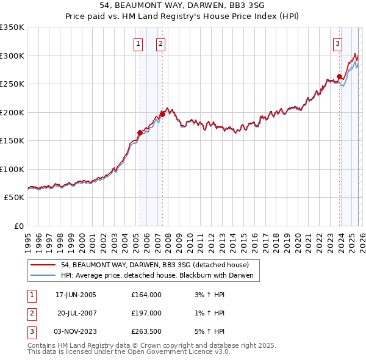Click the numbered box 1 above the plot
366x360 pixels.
click(x=138, y=43)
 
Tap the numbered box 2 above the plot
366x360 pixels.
click(x=160, y=43)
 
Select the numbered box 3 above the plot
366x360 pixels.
click(x=337, y=43)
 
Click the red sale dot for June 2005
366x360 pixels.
click(x=140, y=132)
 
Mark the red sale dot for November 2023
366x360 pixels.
click(x=339, y=76)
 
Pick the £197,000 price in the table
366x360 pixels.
click(x=146, y=313)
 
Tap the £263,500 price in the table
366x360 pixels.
click(x=146, y=331)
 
